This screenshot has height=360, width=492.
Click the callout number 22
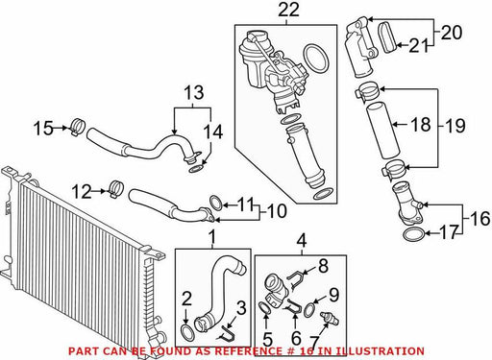[x=288, y=10]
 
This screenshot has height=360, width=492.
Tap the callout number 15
[x=43, y=128]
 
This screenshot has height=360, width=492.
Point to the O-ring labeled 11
[x=216, y=203]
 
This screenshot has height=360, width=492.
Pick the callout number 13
[x=194, y=92]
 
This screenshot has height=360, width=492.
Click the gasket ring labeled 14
[x=196, y=168]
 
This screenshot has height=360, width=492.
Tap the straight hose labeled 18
[x=382, y=130]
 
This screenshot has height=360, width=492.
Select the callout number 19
[x=455, y=126]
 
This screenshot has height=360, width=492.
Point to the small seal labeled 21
[x=389, y=37]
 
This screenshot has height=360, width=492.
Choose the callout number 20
[x=452, y=33]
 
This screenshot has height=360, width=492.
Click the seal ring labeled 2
[x=187, y=333]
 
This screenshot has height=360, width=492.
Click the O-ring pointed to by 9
[x=309, y=310]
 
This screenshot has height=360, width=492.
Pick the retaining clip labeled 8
[x=295, y=279]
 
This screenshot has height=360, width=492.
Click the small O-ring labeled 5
[x=264, y=308]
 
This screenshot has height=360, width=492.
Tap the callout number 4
[x=302, y=241]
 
